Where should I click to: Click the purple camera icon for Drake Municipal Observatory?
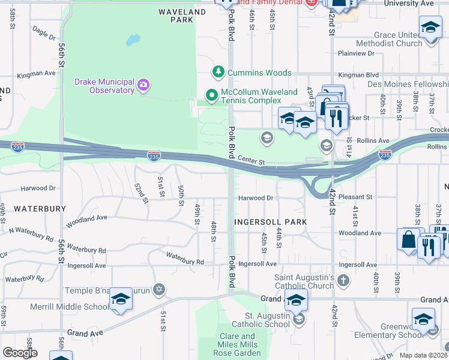(143, 84)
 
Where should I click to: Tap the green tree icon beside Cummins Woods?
(219, 73)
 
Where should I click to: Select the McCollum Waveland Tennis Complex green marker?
(211, 95)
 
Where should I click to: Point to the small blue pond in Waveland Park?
(133, 40)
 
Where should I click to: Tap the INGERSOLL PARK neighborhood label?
(270, 222)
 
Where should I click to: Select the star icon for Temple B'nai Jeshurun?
(159, 290)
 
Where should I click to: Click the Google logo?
(20, 353)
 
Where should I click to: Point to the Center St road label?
(251, 161)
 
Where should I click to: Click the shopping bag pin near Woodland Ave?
(408, 239)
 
